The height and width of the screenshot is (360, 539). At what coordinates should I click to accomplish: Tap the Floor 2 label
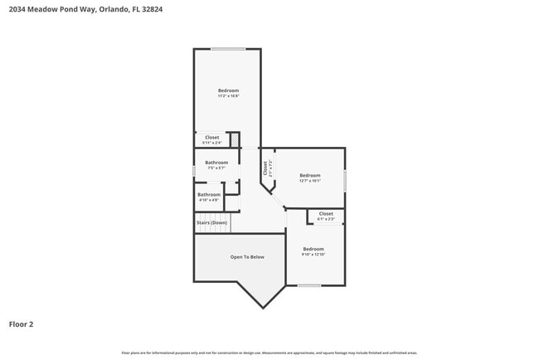click(21, 324)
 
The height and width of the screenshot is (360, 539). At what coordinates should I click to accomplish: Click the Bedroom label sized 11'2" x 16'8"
click(228, 90)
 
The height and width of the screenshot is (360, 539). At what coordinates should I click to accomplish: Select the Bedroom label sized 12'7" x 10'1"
click(309, 175)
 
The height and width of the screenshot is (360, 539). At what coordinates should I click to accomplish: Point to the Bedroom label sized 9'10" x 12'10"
click(313, 249)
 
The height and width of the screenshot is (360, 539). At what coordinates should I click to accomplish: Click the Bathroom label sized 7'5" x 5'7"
click(216, 163)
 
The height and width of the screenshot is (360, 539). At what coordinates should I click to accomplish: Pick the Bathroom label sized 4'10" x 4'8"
click(209, 195)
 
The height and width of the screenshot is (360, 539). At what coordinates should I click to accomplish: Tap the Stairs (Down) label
click(211, 222)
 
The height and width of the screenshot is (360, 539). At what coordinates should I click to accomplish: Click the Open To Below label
click(247, 257)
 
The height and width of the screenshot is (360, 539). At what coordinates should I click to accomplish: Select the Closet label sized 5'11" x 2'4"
click(212, 138)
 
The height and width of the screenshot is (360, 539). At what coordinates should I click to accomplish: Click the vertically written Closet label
click(265, 168)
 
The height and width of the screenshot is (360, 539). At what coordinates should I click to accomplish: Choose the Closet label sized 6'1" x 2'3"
click(326, 214)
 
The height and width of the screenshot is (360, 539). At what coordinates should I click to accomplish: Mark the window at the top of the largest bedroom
click(227, 50)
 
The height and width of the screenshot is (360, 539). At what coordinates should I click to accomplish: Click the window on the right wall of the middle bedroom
click(345, 179)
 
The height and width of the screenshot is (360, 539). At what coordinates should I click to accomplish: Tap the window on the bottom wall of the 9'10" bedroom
click(309, 285)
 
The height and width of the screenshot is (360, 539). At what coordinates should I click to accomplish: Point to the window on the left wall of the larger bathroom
click(194, 171)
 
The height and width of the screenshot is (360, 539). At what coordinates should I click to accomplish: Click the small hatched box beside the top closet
click(235, 140)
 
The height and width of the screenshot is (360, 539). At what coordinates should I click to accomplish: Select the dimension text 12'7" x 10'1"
click(309, 181)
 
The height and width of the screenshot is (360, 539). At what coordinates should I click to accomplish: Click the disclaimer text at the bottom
click(269, 353)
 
